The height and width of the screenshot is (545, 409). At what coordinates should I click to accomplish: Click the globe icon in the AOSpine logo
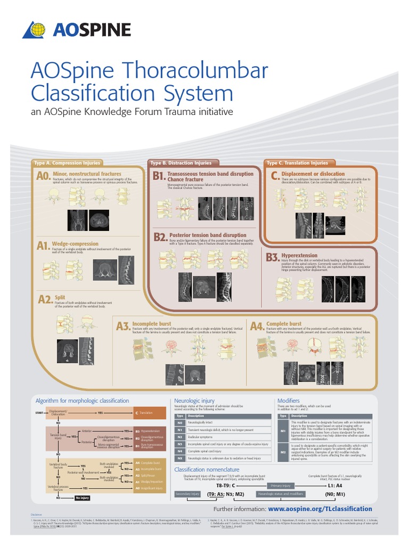click(x=35, y=30)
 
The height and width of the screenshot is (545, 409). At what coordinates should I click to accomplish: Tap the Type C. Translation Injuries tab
click(x=297, y=163)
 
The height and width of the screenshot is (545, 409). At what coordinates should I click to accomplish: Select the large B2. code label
click(x=159, y=237)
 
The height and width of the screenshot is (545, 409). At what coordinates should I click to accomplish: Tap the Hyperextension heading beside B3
click(x=299, y=255)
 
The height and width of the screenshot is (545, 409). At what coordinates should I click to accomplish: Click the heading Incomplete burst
click(x=152, y=324)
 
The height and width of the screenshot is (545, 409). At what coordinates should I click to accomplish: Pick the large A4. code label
click(x=256, y=326)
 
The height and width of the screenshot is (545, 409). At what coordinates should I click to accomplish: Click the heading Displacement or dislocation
click(x=313, y=174)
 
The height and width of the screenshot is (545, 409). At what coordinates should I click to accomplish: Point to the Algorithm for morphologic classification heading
click(x=82, y=400)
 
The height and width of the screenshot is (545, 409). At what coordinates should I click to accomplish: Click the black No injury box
click(x=83, y=498)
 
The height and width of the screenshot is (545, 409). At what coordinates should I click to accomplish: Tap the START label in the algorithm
click(x=39, y=412)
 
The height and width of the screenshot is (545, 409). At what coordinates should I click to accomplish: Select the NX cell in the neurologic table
click(x=179, y=458)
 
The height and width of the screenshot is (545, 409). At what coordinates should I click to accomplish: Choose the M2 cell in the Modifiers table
click(x=283, y=452)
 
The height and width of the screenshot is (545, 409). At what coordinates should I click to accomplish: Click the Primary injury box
click(x=280, y=486)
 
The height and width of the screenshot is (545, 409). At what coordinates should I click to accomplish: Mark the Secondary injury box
click(x=187, y=494)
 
